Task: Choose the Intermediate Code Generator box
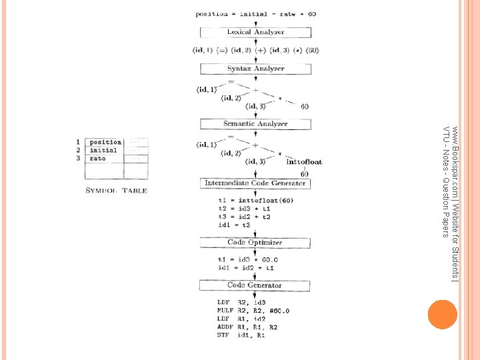(x=255, y=183)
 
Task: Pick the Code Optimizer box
(x=255, y=243)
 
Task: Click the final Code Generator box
(x=255, y=285)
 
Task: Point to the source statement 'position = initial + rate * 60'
(x=256, y=13)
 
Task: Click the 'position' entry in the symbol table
(x=105, y=142)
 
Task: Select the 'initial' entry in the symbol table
(x=103, y=150)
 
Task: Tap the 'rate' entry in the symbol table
(x=97, y=159)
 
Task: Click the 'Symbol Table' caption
(x=116, y=191)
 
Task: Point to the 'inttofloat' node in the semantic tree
(x=304, y=161)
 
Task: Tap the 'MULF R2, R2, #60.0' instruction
(x=253, y=310)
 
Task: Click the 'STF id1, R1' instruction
(x=241, y=335)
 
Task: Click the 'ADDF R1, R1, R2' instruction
(x=247, y=327)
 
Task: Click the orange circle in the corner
(x=442, y=313)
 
